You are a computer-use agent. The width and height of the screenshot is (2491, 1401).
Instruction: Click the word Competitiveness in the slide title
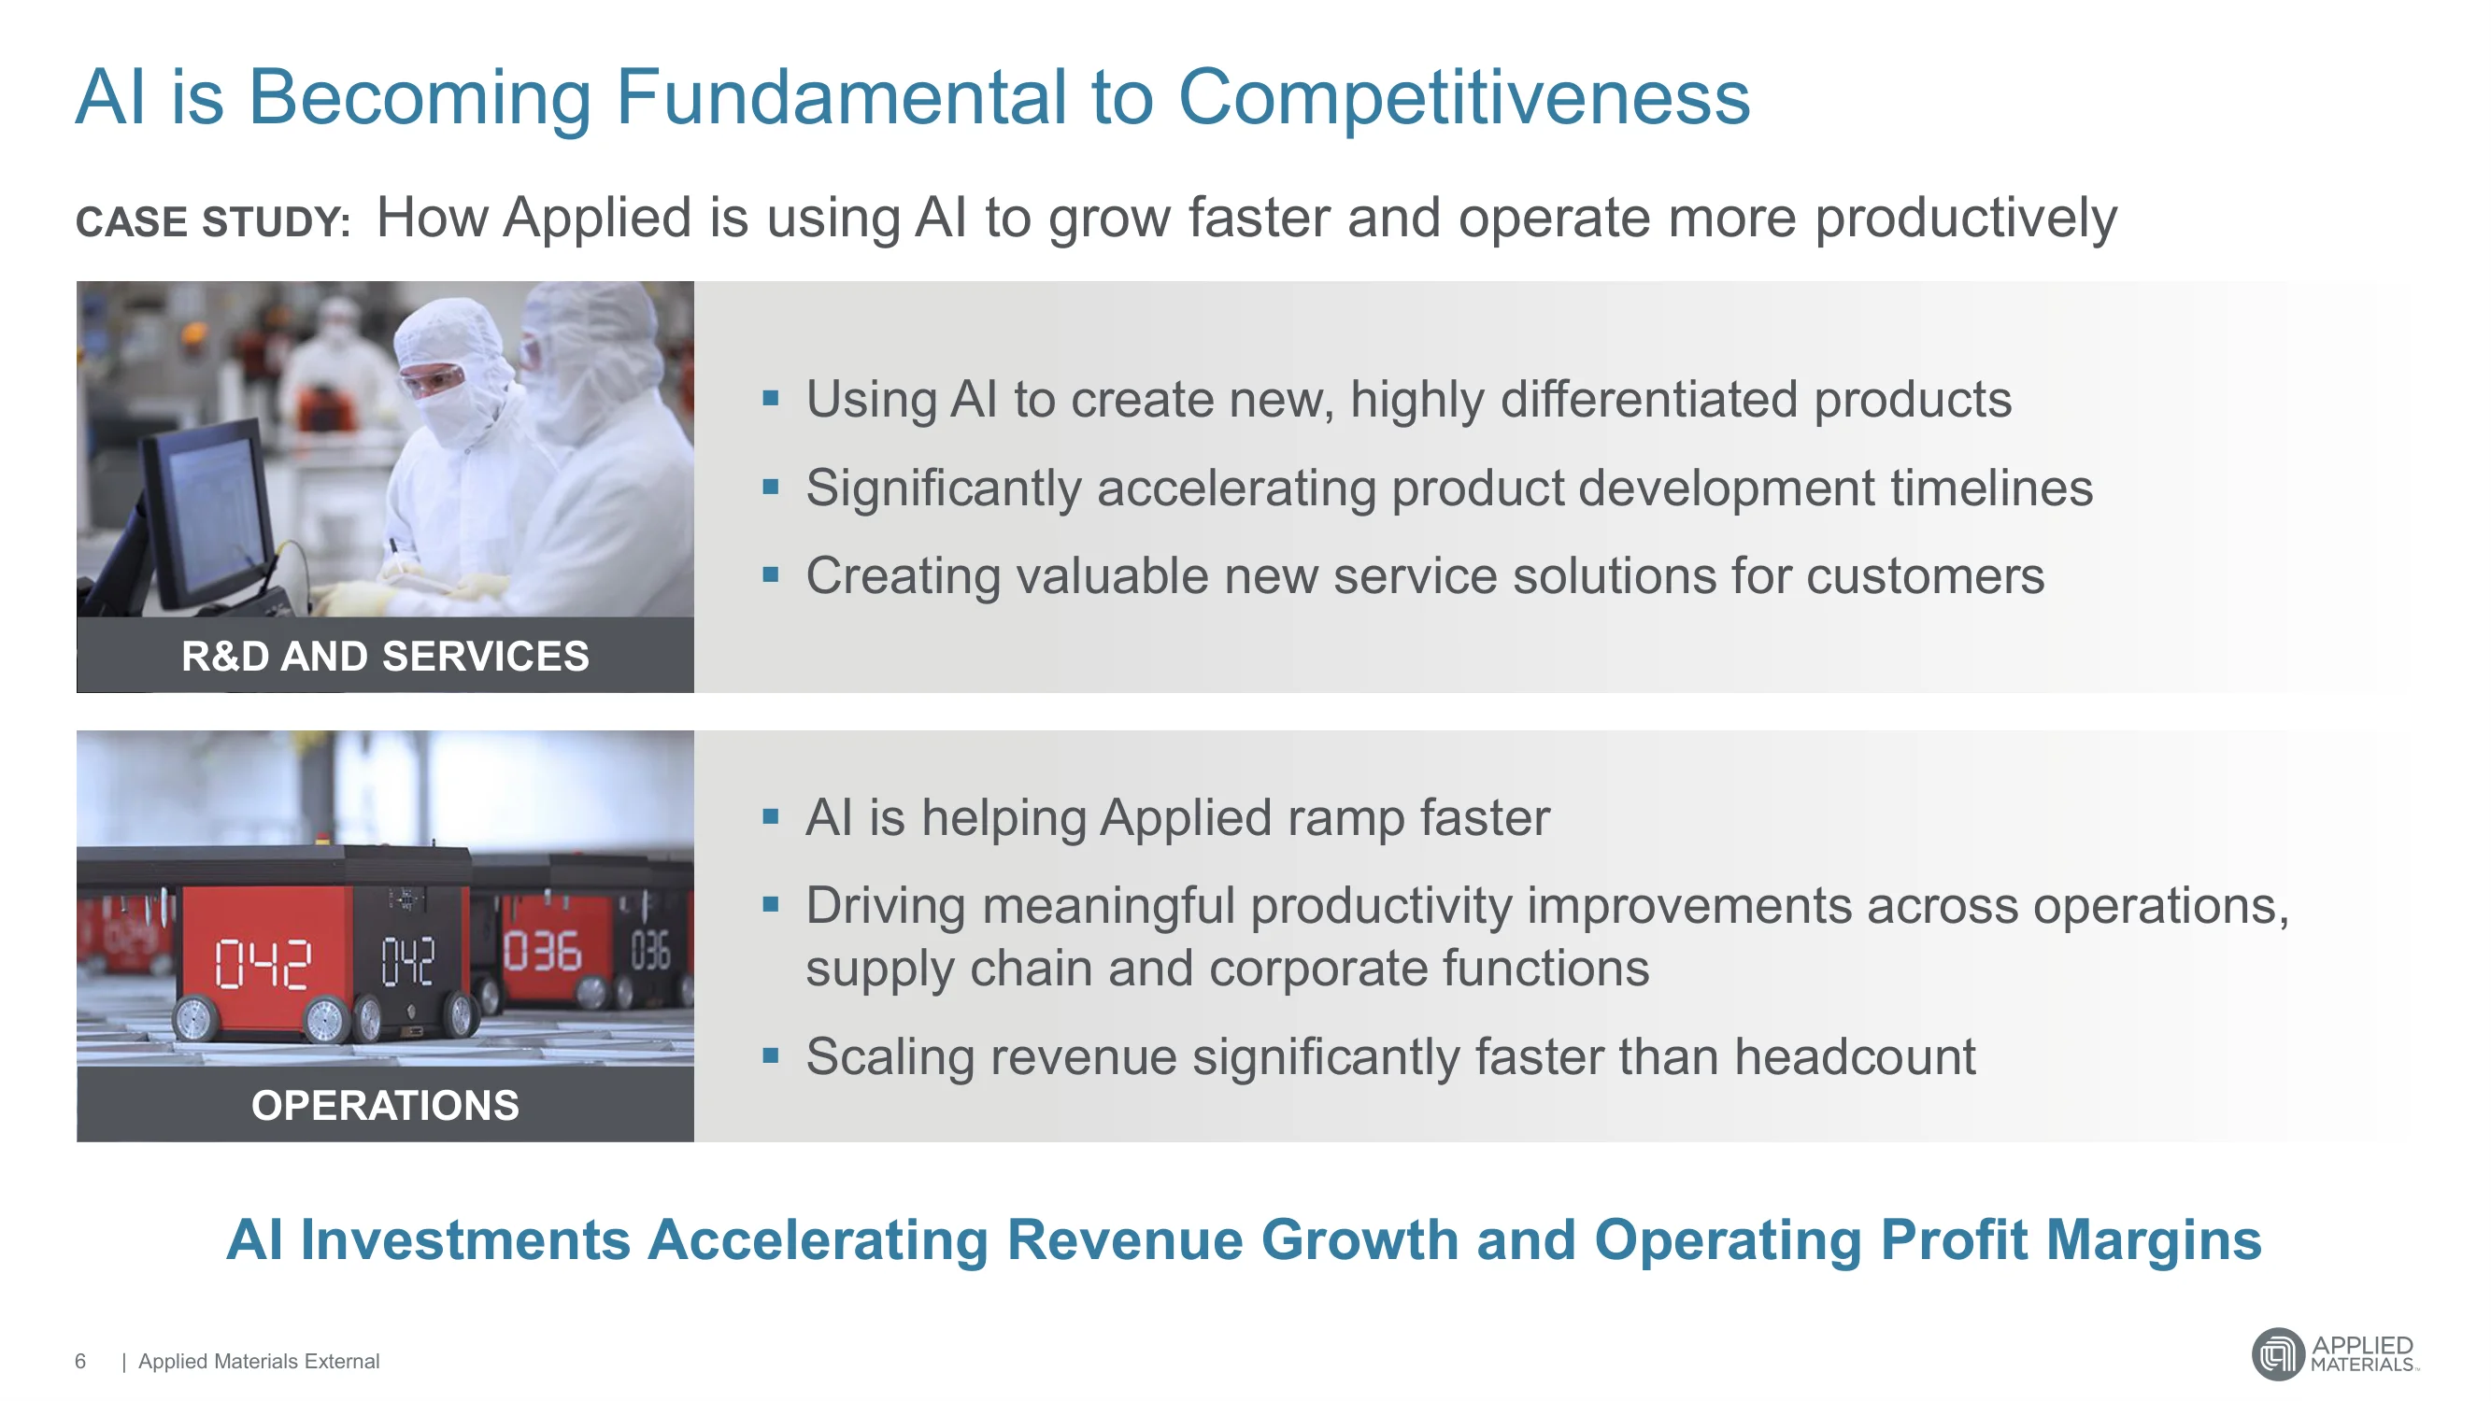tap(1463, 99)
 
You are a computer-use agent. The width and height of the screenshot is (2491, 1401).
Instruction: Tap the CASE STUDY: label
tap(213, 222)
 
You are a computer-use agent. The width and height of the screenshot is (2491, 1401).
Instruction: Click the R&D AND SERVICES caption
tap(385, 657)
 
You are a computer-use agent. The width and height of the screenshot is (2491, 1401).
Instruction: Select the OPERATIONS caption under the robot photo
tap(385, 1105)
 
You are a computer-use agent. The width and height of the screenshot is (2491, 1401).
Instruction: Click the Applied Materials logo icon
tap(2278, 1353)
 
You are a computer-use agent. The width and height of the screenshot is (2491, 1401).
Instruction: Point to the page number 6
tap(80, 1362)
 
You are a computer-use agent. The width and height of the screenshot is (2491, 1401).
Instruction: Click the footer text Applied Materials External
tap(259, 1362)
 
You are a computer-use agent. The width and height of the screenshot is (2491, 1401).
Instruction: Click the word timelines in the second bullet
tap(1991, 488)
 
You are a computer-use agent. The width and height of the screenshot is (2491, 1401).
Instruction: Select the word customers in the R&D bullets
tap(1925, 576)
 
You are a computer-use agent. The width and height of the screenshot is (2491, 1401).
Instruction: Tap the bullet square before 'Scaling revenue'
tap(771, 1054)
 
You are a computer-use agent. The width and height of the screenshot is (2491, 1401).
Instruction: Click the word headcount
tap(1855, 1055)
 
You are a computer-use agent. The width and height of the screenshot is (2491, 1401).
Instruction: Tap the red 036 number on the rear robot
tap(543, 952)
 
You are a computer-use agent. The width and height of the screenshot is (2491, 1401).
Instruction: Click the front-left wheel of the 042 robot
tap(196, 1019)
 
